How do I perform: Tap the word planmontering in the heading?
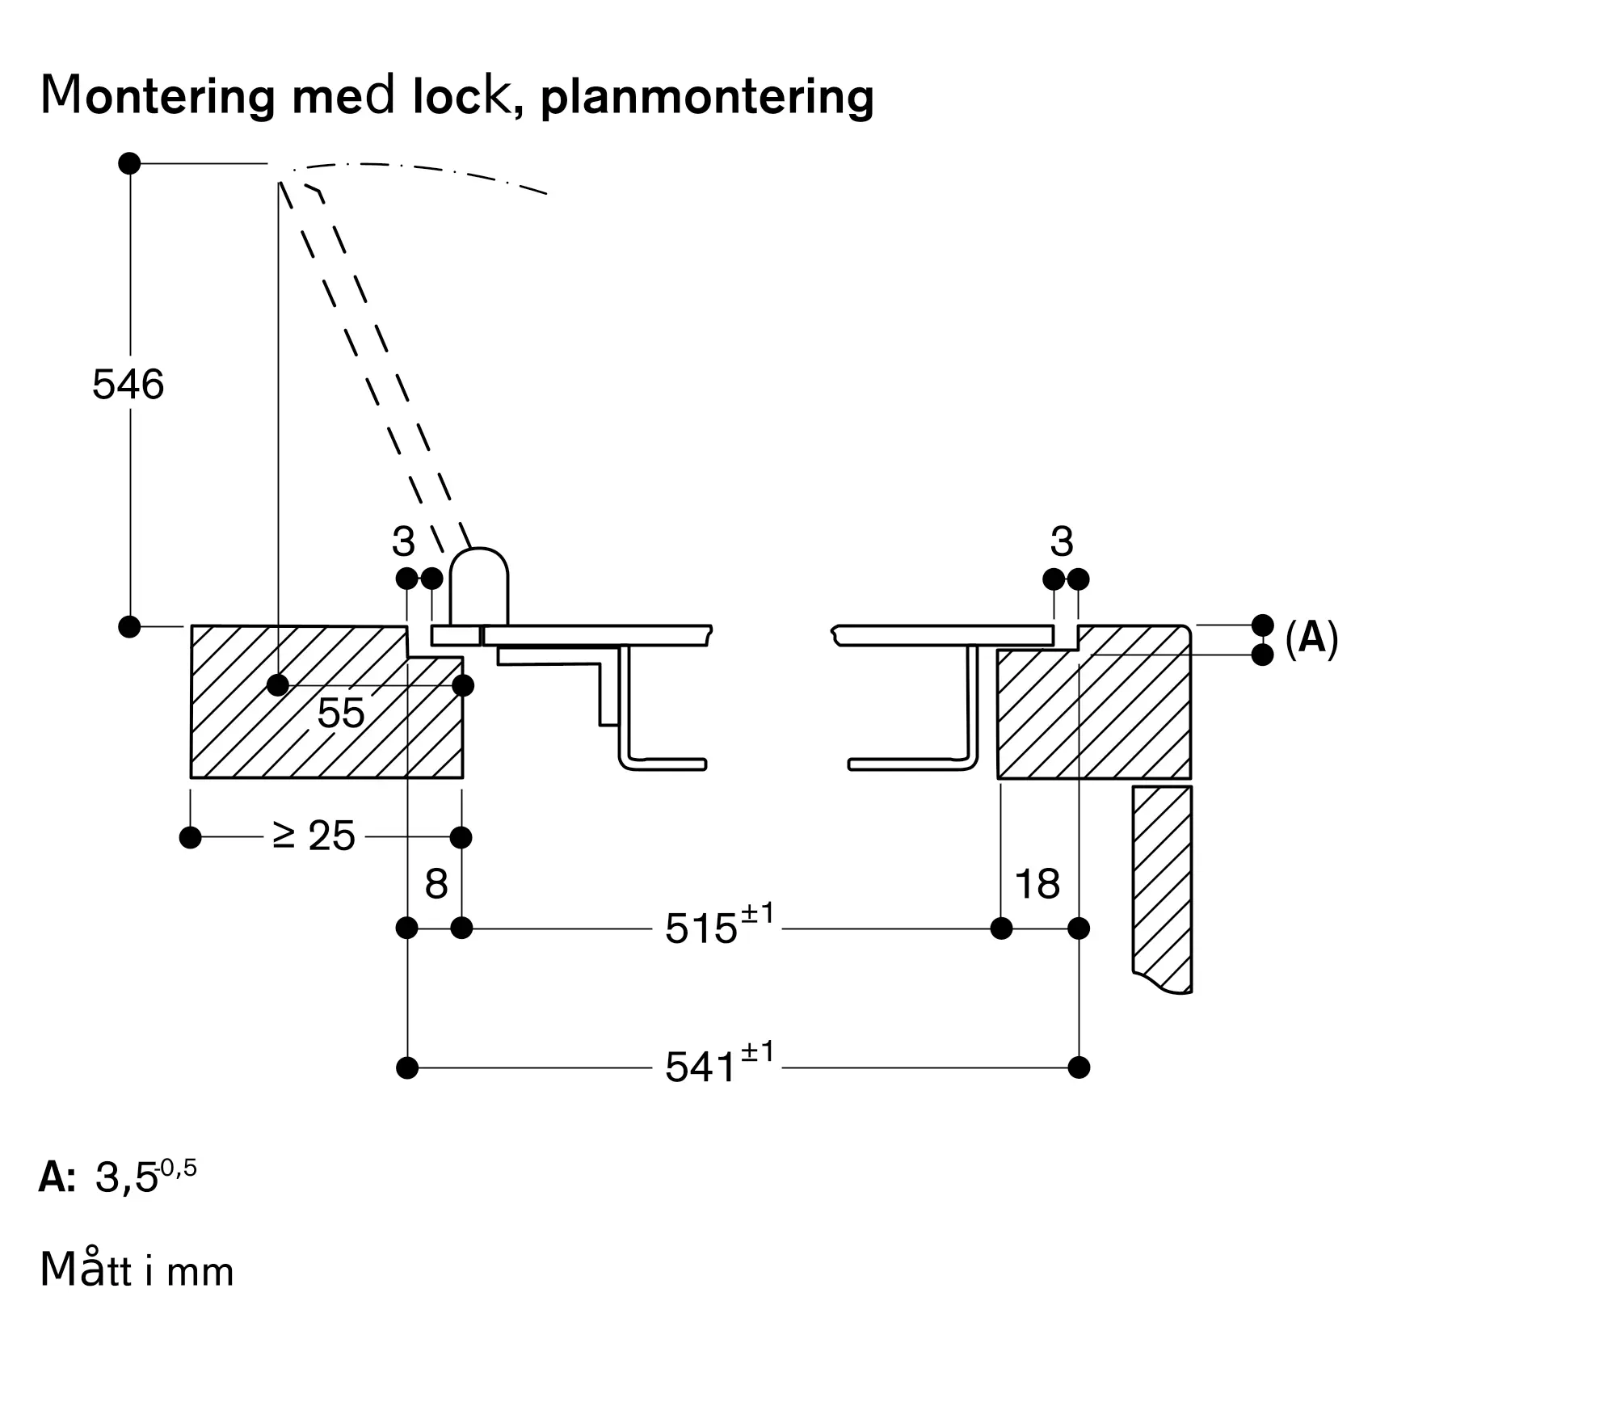[706, 98]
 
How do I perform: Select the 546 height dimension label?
[128, 385]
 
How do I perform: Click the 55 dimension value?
[340, 713]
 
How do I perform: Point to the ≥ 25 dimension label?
[314, 836]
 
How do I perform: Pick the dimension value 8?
[436, 884]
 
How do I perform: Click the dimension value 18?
[1037, 884]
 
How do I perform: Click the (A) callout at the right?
[1311, 638]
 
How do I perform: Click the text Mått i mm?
[137, 1270]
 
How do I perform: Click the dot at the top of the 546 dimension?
[129, 163]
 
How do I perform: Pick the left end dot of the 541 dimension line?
[407, 1067]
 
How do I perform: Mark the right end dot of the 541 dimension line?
[1079, 1067]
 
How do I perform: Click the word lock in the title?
[461, 96]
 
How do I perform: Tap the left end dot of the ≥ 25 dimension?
[190, 837]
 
